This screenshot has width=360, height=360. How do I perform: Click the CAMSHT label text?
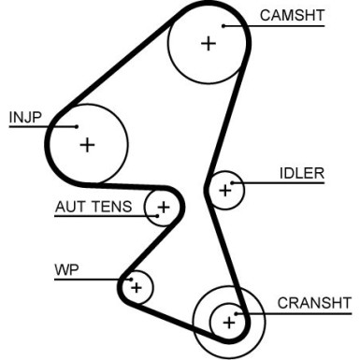point(293,15)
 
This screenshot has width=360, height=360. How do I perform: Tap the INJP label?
point(25,117)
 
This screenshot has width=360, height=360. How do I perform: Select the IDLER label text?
point(301,173)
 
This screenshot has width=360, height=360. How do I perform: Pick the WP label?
point(65,270)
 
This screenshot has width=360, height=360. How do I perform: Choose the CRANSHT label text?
point(314,303)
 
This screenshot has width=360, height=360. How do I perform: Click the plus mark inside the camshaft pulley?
point(208,43)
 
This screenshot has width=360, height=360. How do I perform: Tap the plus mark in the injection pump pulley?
point(87,144)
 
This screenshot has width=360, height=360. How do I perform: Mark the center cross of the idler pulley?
point(223,191)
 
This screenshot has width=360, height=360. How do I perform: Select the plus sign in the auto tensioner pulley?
point(164,207)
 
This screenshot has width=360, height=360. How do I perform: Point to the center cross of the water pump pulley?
point(137,286)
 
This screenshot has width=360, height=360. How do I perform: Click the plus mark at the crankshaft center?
point(228,323)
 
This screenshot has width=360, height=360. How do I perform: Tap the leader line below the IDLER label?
point(290,182)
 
